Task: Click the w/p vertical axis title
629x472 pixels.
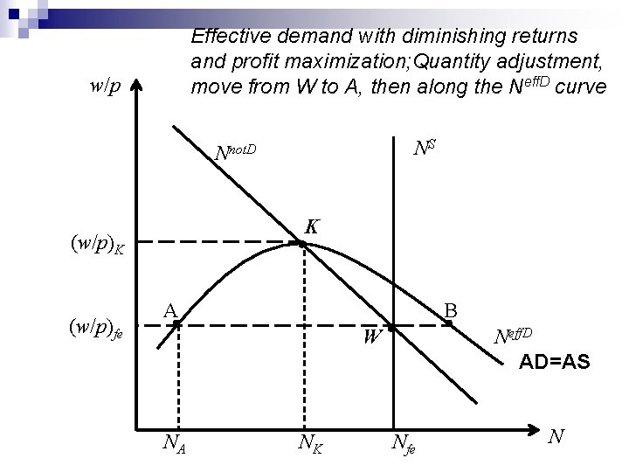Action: pos(106,86)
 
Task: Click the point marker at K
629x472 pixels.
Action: pos(302,244)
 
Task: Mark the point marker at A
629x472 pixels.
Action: pos(176,324)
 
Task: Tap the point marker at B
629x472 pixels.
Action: pos(448,324)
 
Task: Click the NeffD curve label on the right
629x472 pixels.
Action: pos(519,336)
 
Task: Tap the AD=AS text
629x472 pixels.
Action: pos(555,361)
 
